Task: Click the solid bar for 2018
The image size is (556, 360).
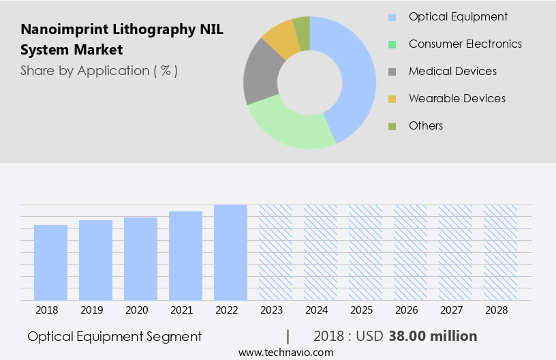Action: (x=51, y=262)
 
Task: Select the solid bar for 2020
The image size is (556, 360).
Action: (x=141, y=259)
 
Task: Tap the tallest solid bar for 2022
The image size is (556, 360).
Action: (x=230, y=252)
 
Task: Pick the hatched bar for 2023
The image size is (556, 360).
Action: (x=275, y=252)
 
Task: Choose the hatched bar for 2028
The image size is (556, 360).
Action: (x=500, y=252)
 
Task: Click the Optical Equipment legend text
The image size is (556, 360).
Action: (x=458, y=16)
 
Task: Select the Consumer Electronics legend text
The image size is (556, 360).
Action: (x=465, y=44)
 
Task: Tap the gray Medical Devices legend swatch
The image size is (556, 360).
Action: (x=392, y=72)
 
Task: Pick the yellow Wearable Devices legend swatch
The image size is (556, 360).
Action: (x=392, y=99)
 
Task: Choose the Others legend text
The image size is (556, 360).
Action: (x=426, y=125)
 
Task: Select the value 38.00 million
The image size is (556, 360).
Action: (x=433, y=336)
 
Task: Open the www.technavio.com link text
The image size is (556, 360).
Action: (x=285, y=352)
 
